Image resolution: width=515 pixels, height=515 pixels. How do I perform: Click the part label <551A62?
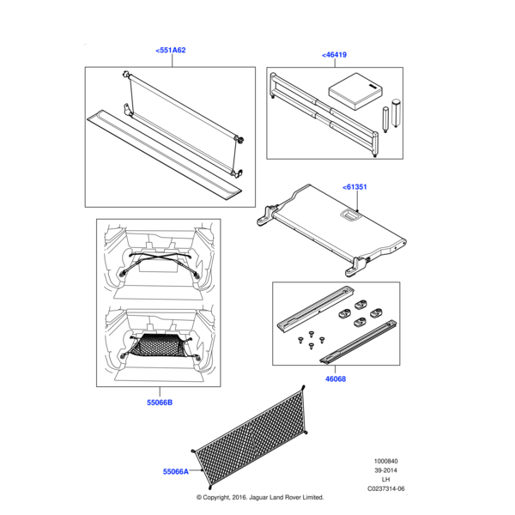(x=171, y=51)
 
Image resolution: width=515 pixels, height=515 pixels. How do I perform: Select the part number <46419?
(x=335, y=55)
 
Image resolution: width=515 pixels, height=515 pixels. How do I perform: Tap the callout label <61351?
(x=355, y=186)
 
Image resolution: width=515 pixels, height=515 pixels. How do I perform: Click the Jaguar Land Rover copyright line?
(x=259, y=497)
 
